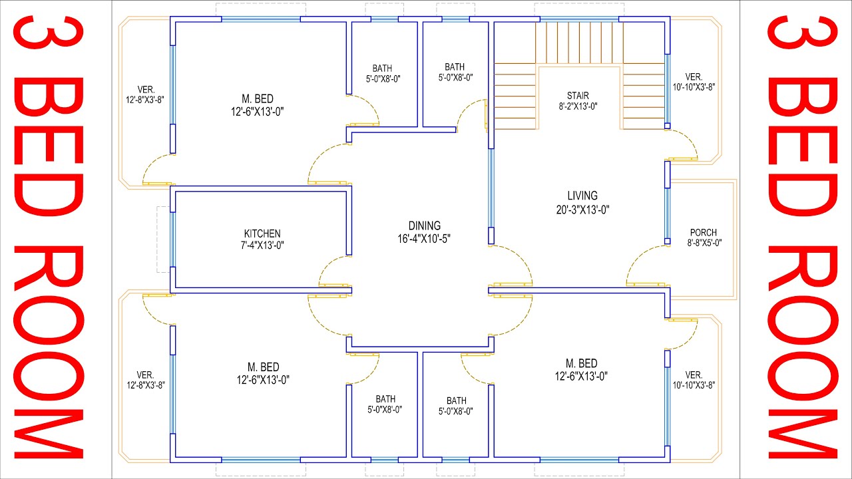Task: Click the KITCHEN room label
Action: point(262,234)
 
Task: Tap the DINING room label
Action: point(424,226)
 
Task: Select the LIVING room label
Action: point(582,196)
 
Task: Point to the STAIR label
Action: point(578,96)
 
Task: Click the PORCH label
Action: point(703,232)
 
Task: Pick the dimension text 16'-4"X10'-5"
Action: point(424,238)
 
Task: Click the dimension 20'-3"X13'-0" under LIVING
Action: point(582,209)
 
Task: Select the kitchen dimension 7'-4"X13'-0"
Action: point(262,244)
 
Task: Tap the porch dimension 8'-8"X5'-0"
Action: point(703,243)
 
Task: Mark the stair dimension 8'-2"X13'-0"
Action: point(578,106)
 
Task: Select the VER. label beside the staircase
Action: point(694,77)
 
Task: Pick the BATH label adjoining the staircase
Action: point(455,67)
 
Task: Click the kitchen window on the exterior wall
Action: point(173,239)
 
